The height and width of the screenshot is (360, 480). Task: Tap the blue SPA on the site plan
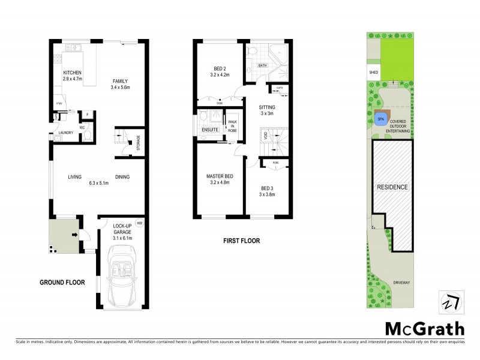coord(380,119)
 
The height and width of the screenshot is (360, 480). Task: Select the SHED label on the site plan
coord(372,73)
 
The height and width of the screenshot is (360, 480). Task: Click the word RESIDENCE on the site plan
coord(392,187)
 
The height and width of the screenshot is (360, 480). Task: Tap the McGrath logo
coord(424,328)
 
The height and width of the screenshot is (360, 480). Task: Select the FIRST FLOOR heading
coord(241,241)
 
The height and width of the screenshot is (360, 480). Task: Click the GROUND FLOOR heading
coord(62,282)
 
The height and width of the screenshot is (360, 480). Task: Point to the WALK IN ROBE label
coord(232,125)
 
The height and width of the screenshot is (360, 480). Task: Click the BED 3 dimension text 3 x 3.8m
coord(267,193)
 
